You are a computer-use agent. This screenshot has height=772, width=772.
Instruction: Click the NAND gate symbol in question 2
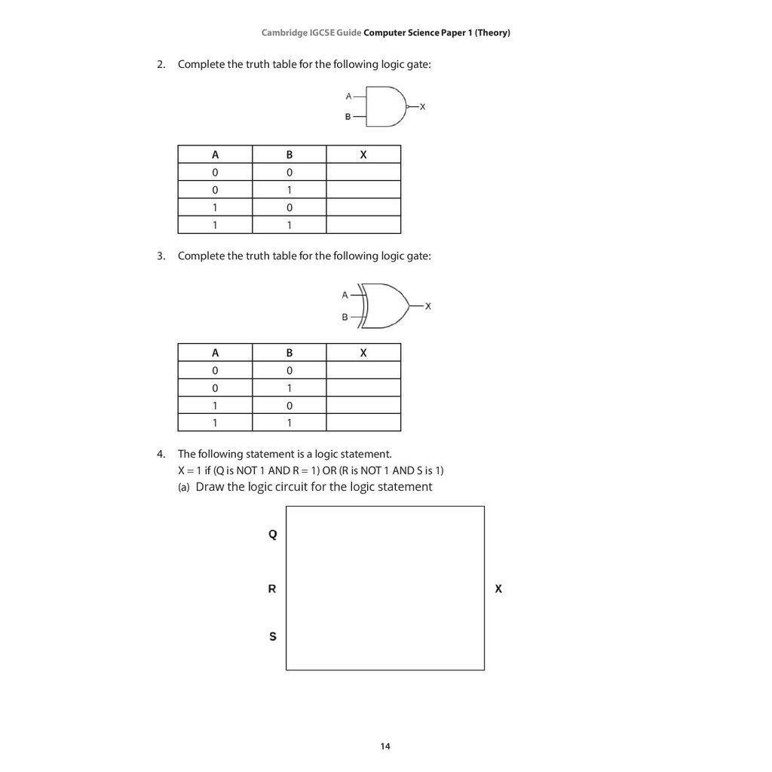click(386, 106)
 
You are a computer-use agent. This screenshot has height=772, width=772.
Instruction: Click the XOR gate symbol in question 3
click(384, 305)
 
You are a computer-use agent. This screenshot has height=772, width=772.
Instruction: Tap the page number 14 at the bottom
click(385, 746)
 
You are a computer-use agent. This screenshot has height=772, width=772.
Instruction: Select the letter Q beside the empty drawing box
click(273, 535)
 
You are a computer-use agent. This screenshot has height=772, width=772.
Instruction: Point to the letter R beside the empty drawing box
click(272, 589)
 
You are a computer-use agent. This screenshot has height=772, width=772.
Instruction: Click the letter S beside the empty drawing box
click(273, 637)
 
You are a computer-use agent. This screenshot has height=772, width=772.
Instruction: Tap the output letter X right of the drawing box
click(498, 589)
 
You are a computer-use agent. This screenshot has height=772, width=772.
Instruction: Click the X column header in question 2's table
click(363, 155)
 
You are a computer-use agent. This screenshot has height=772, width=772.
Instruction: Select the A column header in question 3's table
click(215, 353)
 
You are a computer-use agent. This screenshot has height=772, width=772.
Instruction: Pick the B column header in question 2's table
click(289, 155)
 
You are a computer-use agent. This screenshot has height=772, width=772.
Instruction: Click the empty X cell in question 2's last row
click(363, 225)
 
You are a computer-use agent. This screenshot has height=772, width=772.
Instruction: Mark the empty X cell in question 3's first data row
click(363, 370)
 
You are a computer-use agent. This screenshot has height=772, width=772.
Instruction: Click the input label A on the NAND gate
click(348, 96)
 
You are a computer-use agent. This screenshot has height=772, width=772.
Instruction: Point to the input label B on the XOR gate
click(345, 317)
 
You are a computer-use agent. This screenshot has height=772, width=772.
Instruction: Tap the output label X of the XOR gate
click(428, 306)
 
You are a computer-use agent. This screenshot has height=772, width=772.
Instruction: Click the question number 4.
click(161, 454)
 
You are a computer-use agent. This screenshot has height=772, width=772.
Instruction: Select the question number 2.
click(161, 65)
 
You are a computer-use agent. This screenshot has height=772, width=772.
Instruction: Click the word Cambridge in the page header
click(283, 33)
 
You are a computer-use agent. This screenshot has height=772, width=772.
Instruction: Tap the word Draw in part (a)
click(210, 487)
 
